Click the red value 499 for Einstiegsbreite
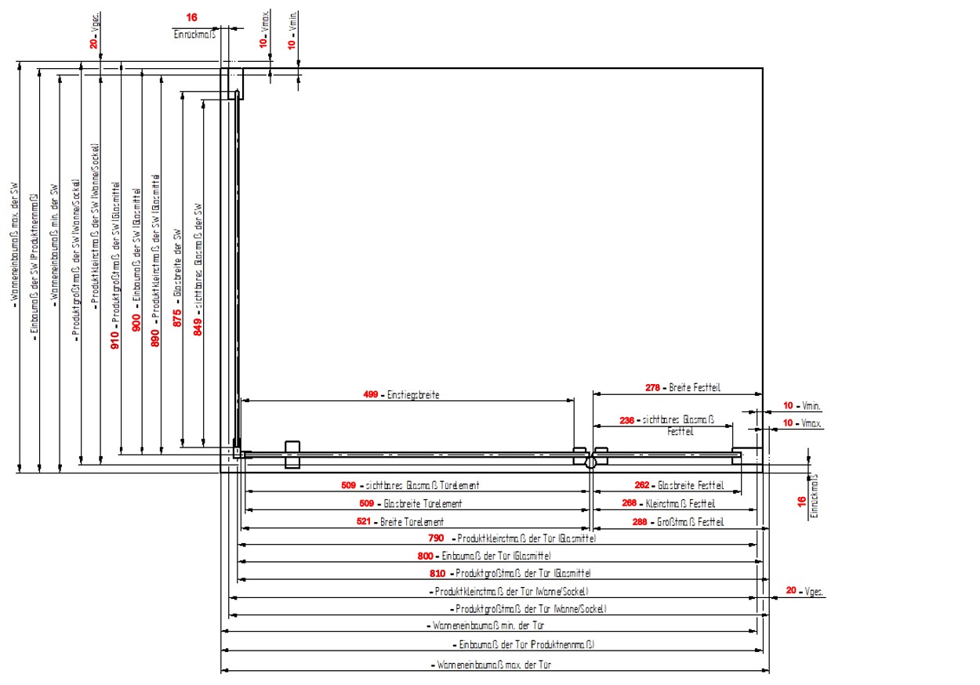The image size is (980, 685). [372, 394]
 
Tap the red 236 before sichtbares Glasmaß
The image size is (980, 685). [626, 420]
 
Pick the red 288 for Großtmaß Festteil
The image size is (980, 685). [629, 521]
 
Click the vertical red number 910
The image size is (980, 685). [115, 339]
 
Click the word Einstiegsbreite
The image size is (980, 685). [414, 394]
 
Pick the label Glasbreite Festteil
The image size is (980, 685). [685, 484]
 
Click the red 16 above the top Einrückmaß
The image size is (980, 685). [192, 17]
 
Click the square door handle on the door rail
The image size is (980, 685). [292, 455]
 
